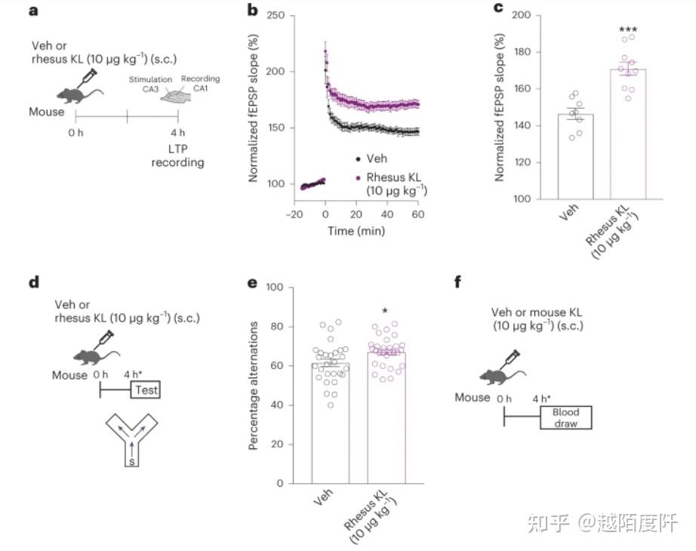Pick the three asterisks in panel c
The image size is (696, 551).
click(628, 31)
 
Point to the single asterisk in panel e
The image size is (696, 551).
click(385, 312)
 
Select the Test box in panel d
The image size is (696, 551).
click(146, 390)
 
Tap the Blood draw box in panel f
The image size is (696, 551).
click(565, 417)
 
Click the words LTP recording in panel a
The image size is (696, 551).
click(177, 155)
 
